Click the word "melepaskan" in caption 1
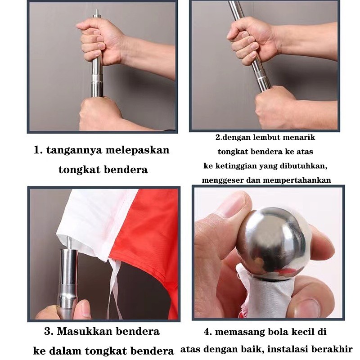coord(138,150)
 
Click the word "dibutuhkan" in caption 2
coord(305,166)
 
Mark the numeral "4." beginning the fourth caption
coord(207,332)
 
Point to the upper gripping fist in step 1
coord(101,41)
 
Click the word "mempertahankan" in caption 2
coord(297,180)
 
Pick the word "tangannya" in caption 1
coord(74,151)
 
